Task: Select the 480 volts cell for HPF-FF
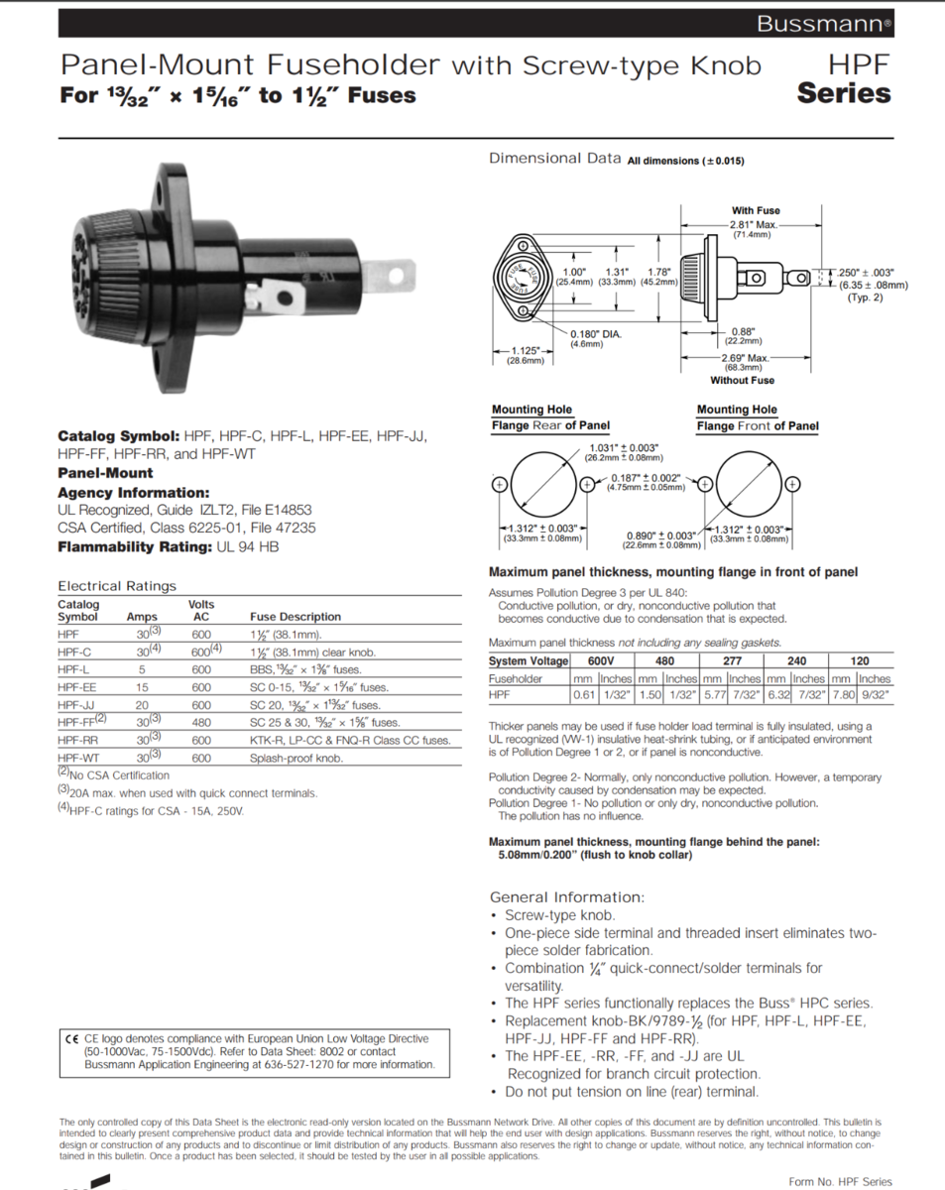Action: [x=201, y=722]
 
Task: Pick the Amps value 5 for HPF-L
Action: [x=142, y=669]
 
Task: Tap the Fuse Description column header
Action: [x=295, y=617]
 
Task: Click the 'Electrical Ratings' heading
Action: [x=117, y=586]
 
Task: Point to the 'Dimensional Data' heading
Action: [x=554, y=159]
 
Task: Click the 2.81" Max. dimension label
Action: [x=754, y=224]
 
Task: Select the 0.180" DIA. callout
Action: [x=596, y=334]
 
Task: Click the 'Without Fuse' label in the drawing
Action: [x=742, y=381]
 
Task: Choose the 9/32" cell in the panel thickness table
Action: [x=875, y=695]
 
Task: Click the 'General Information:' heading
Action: [x=567, y=896]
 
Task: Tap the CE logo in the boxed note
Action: [x=71, y=1039]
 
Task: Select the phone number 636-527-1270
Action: [x=287, y=1064]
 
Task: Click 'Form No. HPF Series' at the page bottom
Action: [x=840, y=1181]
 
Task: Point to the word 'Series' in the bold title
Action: [x=844, y=94]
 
